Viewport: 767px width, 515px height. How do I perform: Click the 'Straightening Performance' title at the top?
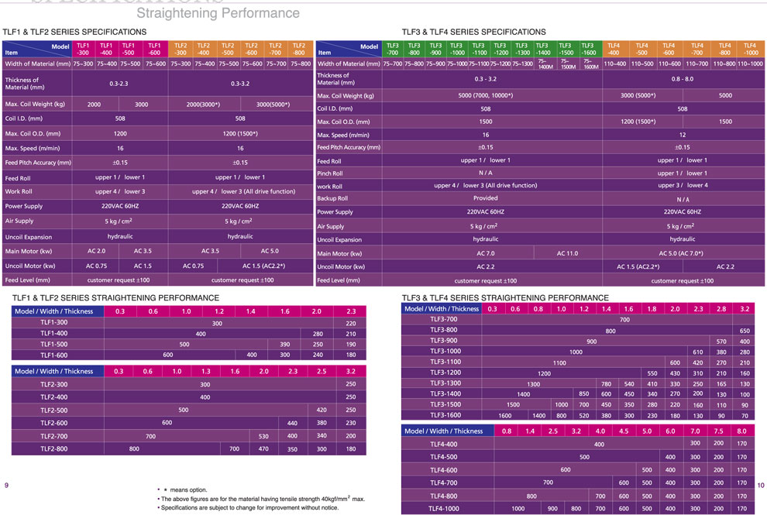click(218, 13)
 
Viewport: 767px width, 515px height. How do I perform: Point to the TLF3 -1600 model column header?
click(588, 49)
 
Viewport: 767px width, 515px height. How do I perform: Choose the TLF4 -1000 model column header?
click(749, 49)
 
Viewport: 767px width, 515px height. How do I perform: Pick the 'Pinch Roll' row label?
click(331, 173)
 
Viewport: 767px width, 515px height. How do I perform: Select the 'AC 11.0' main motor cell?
click(567, 253)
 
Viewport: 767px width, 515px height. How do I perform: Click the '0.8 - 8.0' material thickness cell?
click(682, 79)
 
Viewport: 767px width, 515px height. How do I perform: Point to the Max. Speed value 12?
click(682, 134)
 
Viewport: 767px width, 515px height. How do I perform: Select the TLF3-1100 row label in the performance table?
click(444, 362)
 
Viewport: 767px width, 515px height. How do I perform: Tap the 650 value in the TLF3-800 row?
click(745, 331)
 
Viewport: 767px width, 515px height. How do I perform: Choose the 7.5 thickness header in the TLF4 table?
click(718, 431)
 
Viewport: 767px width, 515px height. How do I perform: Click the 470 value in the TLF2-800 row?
click(263, 449)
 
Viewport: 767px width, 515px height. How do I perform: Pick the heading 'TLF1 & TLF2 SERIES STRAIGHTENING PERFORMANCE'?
click(116, 297)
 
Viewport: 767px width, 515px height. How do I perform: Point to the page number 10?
click(760, 485)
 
